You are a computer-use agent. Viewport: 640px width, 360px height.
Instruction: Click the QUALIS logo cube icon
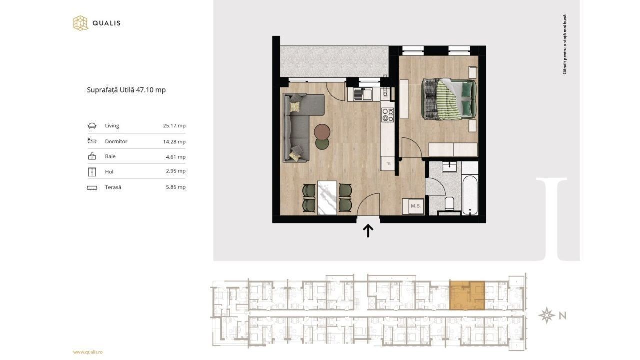point(80,23)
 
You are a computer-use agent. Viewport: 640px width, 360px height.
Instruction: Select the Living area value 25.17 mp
point(174,125)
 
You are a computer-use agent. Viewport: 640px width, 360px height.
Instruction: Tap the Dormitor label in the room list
point(116,141)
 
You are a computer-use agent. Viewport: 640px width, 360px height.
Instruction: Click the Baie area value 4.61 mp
point(175,157)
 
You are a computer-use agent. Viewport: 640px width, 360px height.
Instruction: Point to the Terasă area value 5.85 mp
point(175,187)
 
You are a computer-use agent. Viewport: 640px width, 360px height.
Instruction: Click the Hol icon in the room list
point(92,172)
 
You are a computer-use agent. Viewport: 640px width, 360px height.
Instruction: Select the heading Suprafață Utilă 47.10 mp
point(126,90)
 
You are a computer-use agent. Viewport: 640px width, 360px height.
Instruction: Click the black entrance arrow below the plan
point(368,231)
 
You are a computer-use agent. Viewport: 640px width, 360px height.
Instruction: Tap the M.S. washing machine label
point(415,205)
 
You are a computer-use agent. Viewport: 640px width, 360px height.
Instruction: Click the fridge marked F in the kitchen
point(388,163)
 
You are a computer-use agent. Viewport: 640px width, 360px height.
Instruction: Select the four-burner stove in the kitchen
point(388,115)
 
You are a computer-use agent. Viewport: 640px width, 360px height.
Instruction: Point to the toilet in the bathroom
point(449,203)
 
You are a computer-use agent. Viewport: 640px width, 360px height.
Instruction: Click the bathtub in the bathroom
point(470,195)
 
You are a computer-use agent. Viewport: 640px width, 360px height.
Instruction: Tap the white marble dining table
point(327,197)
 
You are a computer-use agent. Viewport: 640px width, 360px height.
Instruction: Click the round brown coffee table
point(322,131)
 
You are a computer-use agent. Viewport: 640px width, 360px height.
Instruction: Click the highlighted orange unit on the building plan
point(467,295)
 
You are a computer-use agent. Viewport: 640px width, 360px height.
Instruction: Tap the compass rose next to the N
point(546,315)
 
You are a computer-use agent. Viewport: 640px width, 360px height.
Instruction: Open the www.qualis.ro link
point(88,352)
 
